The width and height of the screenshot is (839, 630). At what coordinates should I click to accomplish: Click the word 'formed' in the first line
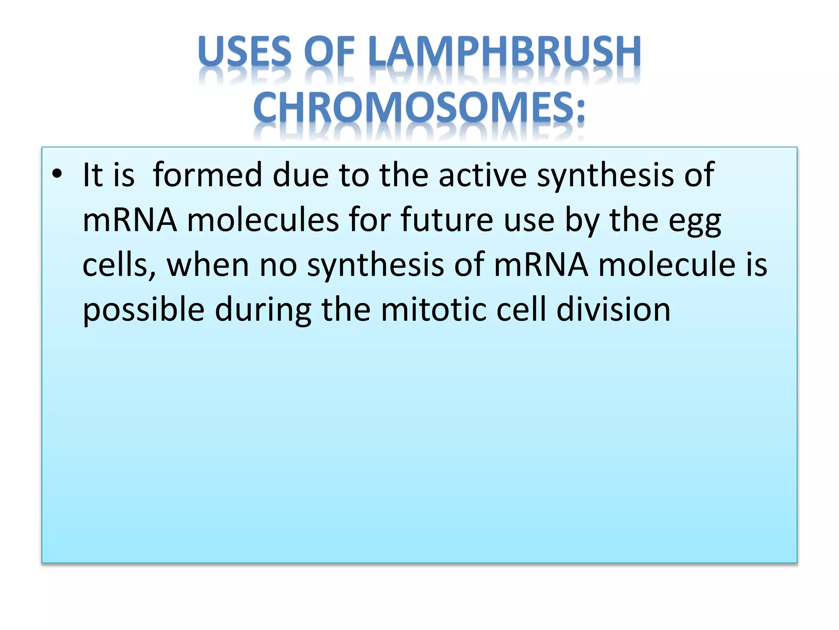point(207,175)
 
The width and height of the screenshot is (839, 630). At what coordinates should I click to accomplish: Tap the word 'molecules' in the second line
point(263,220)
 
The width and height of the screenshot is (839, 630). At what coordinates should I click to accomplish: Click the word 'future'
point(447,220)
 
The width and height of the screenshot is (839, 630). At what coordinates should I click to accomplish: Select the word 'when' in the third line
point(208,265)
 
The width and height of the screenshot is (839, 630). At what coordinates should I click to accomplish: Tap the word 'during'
point(263,310)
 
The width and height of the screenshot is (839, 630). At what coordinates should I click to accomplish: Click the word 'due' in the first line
point(300,175)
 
